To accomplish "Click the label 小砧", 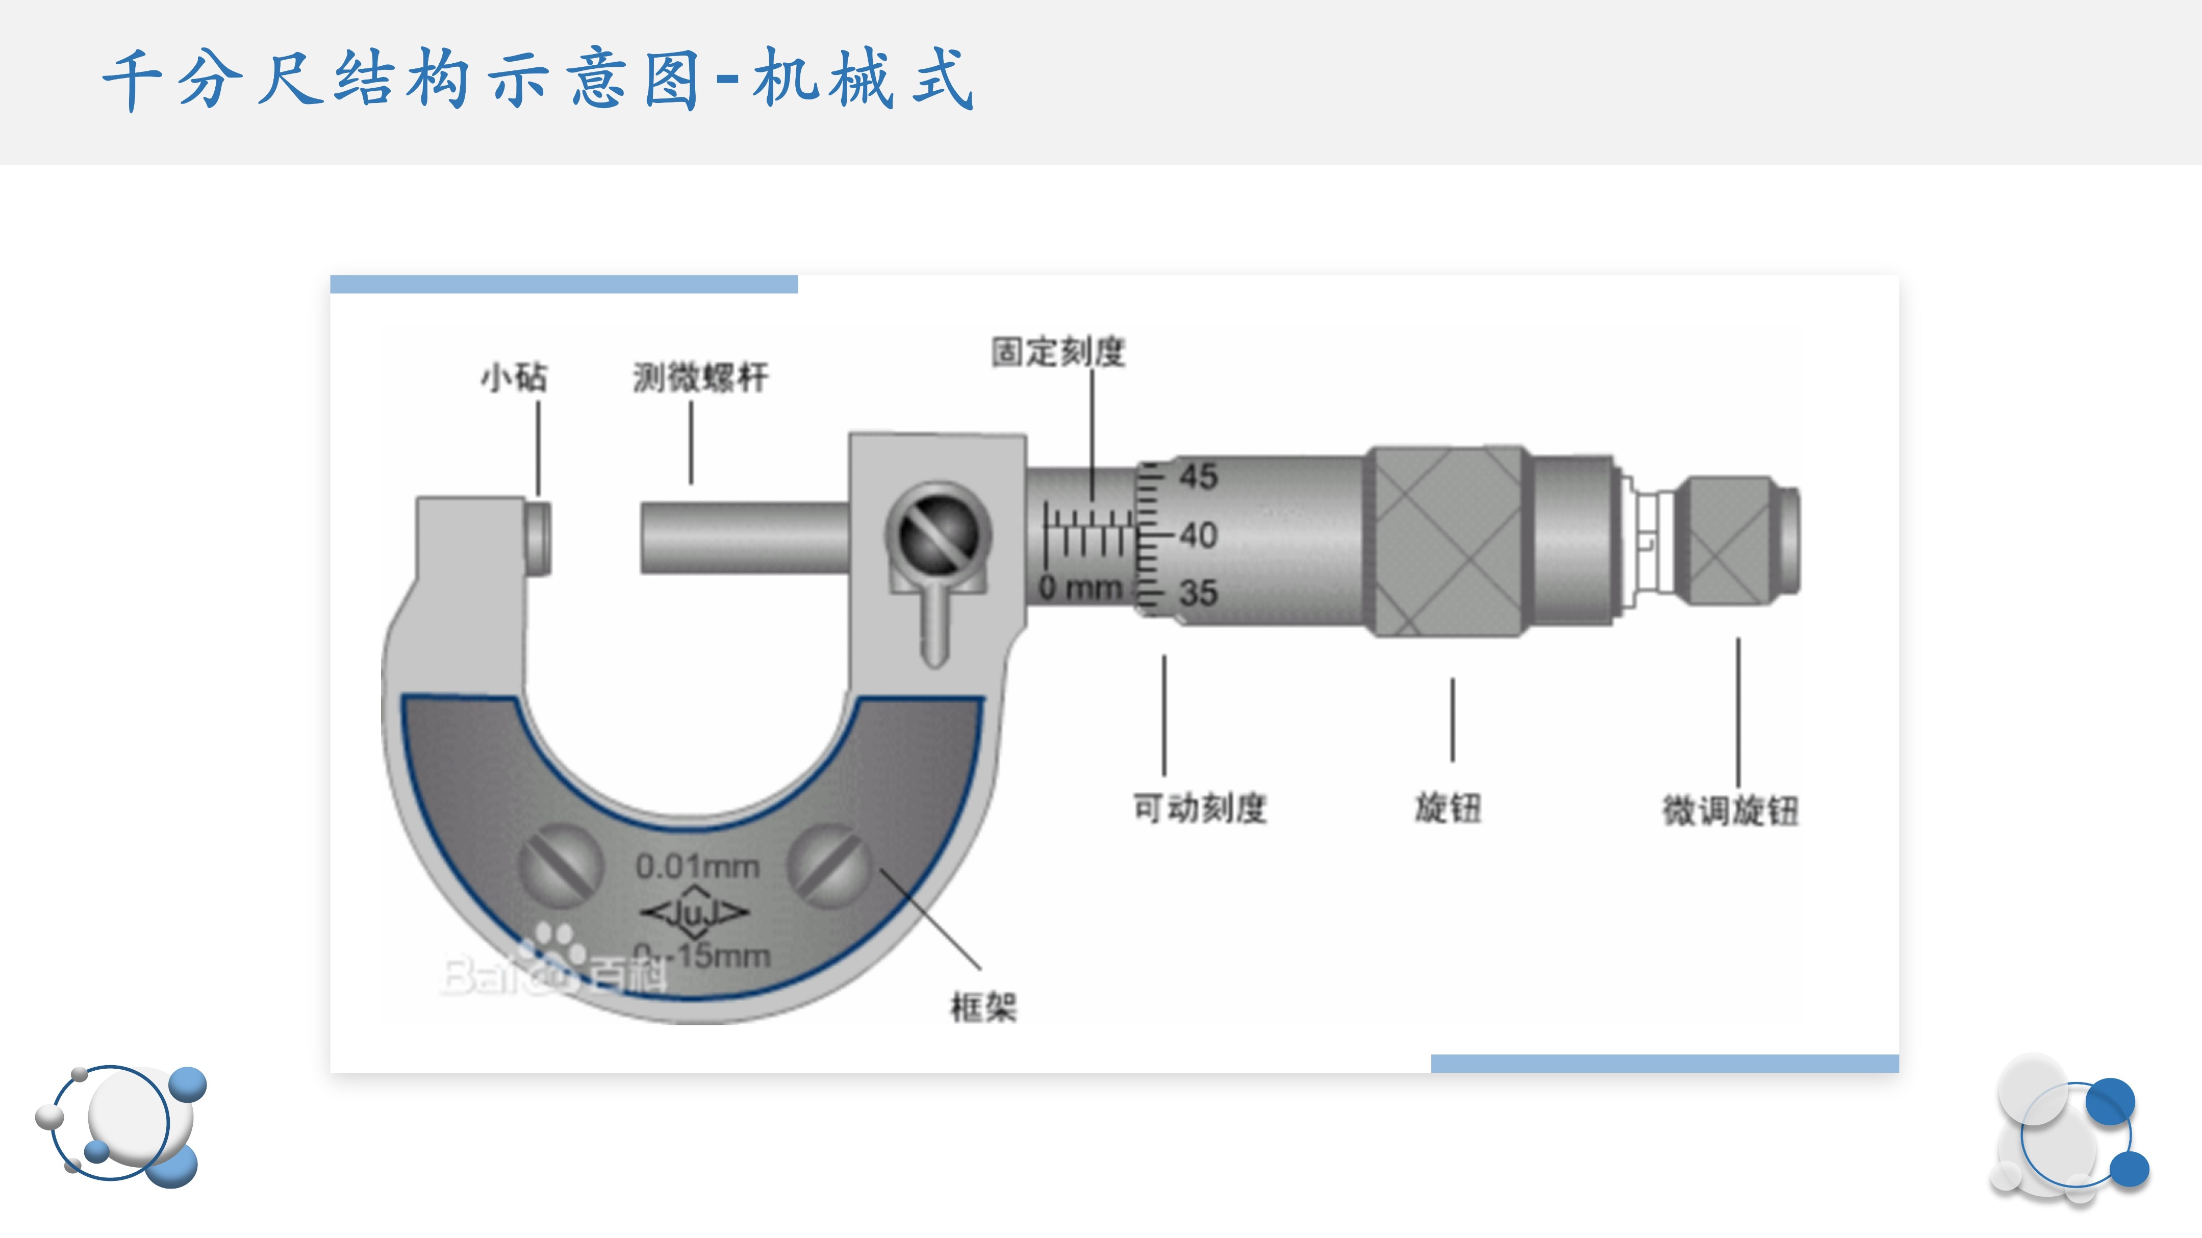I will (514, 377).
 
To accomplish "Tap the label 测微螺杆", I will (700, 377).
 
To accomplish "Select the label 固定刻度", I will (1058, 351).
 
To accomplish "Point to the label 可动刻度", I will (1199, 807).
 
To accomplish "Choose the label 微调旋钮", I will (1730, 810).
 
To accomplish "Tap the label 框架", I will (983, 1007).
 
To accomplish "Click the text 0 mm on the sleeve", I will (1080, 588).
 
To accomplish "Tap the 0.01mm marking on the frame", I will (697, 866).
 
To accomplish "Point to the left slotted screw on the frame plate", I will (560, 865).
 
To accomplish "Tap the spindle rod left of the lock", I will (744, 538).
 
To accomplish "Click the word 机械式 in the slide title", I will (862, 79).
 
